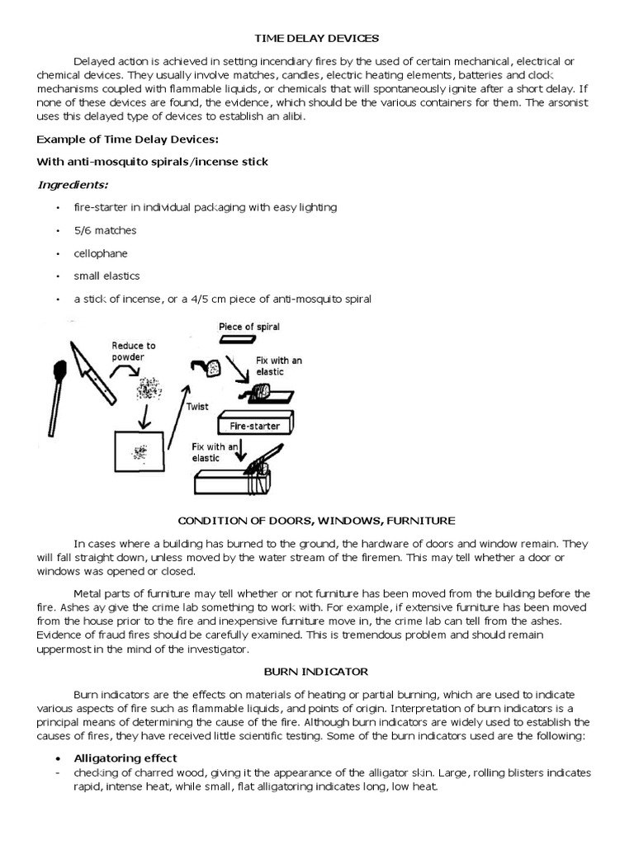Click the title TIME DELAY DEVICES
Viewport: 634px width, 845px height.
(317, 38)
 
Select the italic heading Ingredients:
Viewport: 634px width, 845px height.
(73, 184)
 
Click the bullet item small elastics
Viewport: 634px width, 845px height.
(106, 276)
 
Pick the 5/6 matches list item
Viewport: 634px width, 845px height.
(105, 230)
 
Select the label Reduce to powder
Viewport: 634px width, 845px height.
(135, 351)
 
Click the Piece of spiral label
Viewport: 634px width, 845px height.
(249, 327)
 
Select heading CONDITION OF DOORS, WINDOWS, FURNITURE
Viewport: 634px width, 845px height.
(317, 521)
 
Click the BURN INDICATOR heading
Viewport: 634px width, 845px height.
(317, 672)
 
